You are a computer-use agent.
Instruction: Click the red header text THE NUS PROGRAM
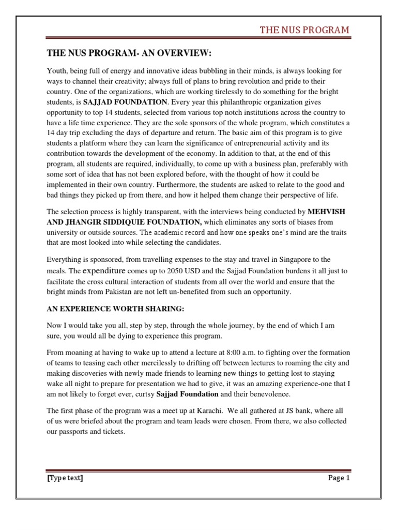(x=304, y=30)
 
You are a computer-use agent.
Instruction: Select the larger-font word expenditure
(x=104, y=271)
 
